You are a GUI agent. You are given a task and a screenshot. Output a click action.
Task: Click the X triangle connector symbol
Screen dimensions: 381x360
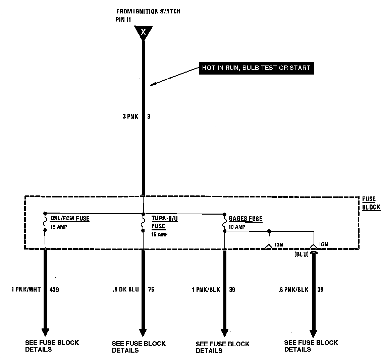tap(143, 32)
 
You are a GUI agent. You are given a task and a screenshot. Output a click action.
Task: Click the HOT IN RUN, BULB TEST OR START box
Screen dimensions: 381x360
tap(256, 68)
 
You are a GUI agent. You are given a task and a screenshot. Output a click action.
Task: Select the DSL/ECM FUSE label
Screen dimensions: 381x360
tap(70, 219)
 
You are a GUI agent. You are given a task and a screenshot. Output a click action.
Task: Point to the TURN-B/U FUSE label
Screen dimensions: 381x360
tap(164, 222)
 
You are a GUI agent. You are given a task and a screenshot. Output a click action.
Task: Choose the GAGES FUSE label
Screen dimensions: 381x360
tap(246, 219)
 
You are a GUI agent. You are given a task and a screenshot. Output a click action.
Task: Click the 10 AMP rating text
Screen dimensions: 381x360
tap(237, 227)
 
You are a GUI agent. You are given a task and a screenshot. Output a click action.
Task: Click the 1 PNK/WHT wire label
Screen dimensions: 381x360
tap(26, 289)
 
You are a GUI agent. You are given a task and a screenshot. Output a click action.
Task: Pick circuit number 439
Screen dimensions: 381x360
tap(54, 289)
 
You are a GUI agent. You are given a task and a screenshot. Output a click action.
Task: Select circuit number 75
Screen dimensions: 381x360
tap(151, 289)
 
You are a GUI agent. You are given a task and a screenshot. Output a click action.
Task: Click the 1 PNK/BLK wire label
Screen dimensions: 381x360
tap(206, 289)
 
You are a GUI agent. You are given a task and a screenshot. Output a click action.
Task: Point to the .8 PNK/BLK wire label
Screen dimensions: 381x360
tap(293, 289)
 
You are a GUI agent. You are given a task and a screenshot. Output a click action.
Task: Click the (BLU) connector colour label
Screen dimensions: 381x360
tap(302, 255)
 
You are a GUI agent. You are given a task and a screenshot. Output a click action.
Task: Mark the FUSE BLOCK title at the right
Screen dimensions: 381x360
tap(371, 203)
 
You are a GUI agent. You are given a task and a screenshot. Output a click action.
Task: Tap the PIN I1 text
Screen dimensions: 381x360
tap(123, 19)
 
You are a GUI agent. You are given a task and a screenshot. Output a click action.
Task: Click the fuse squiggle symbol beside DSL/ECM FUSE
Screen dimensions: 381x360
tap(45, 222)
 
